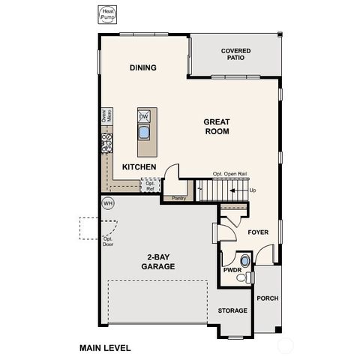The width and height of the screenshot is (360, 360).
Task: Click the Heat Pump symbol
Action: click(x=109, y=15)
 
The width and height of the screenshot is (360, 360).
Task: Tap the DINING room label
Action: click(x=142, y=67)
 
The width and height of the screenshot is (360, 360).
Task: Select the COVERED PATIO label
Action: click(x=235, y=55)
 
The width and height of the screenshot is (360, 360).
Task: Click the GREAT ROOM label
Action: click(x=217, y=126)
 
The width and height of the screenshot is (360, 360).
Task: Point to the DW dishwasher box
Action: click(x=143, y=115)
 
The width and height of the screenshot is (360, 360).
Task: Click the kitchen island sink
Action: click(x=143, y=133)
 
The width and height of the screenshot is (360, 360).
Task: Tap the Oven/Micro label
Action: click(x=106, y=116)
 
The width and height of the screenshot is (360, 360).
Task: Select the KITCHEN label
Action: click(x=139, y=166)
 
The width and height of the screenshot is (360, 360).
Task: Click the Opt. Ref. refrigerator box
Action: click(x=150, y=185)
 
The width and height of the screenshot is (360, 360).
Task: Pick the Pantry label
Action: click(x=178, y=199)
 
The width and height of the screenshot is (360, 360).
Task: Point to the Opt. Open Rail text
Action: click(x=229, y=172)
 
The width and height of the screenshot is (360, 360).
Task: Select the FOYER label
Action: click(x=258, y=232)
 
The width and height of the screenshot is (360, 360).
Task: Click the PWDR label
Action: click(x=232, y=269)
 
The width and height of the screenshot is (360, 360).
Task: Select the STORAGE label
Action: click(x=232, y=310)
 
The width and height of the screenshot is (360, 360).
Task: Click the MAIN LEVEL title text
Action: click(x=105, y=348)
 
